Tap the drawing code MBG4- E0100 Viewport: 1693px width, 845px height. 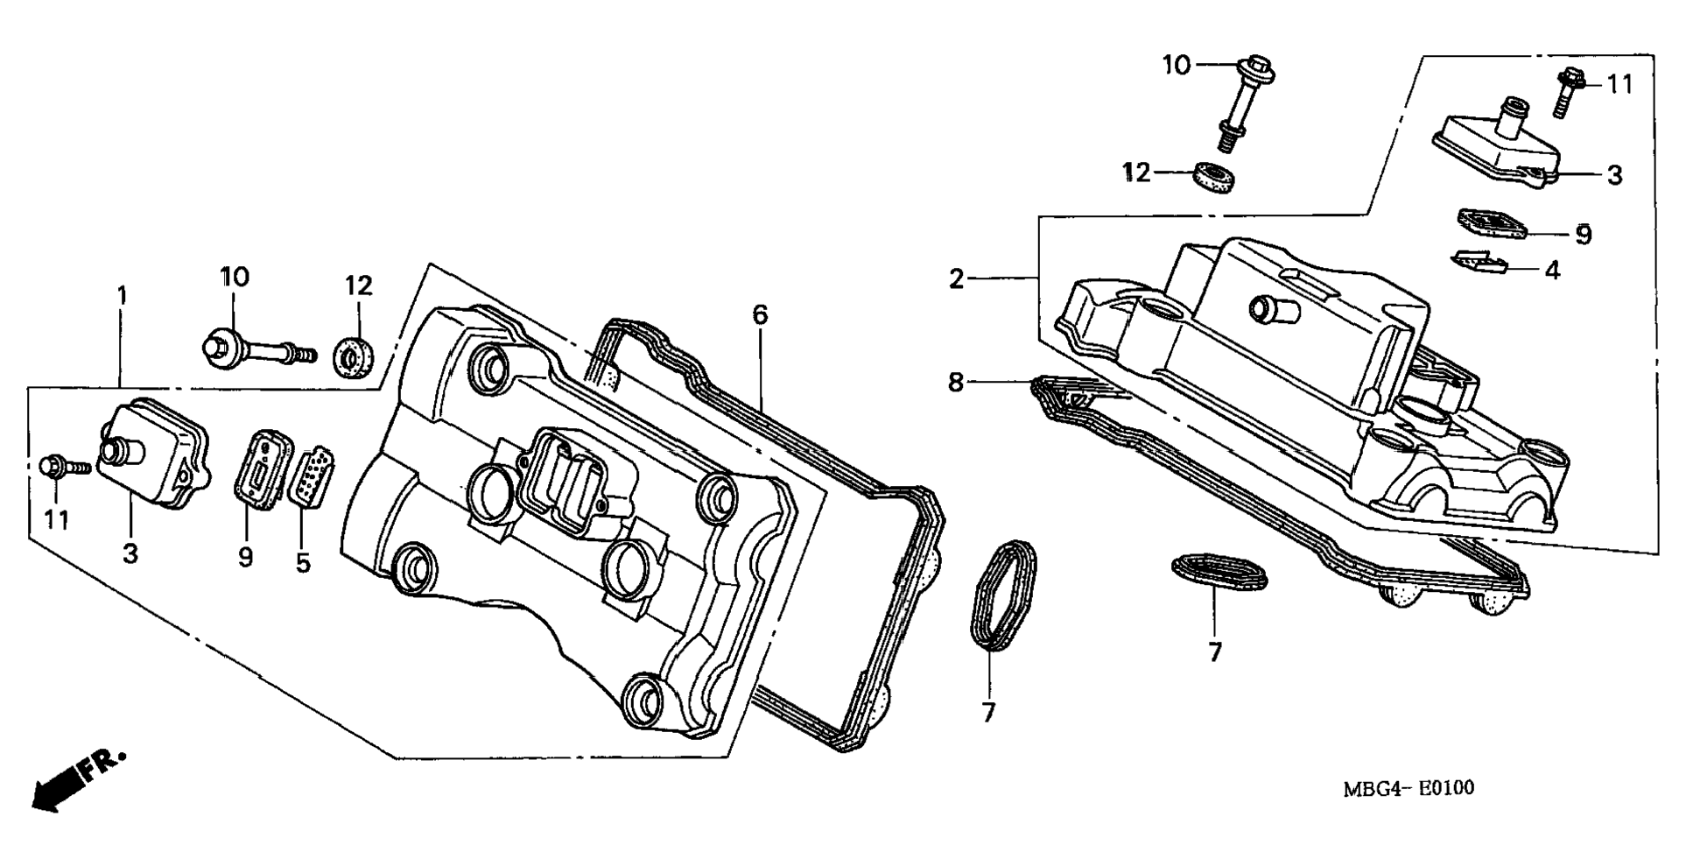pos(1408,788)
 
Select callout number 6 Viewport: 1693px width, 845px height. pos(759,314)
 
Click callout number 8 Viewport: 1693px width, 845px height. pos(955,382)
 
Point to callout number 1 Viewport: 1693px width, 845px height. pos(122,295)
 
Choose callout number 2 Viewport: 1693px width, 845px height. pos(956,279)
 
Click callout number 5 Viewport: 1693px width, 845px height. pos(303,562)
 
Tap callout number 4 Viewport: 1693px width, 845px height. pos(1551,271)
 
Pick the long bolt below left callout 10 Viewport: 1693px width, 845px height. pos(256,349)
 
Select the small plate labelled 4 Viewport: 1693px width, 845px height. pos(1479,261)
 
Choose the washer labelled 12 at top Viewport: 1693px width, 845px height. pos(1217,176)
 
